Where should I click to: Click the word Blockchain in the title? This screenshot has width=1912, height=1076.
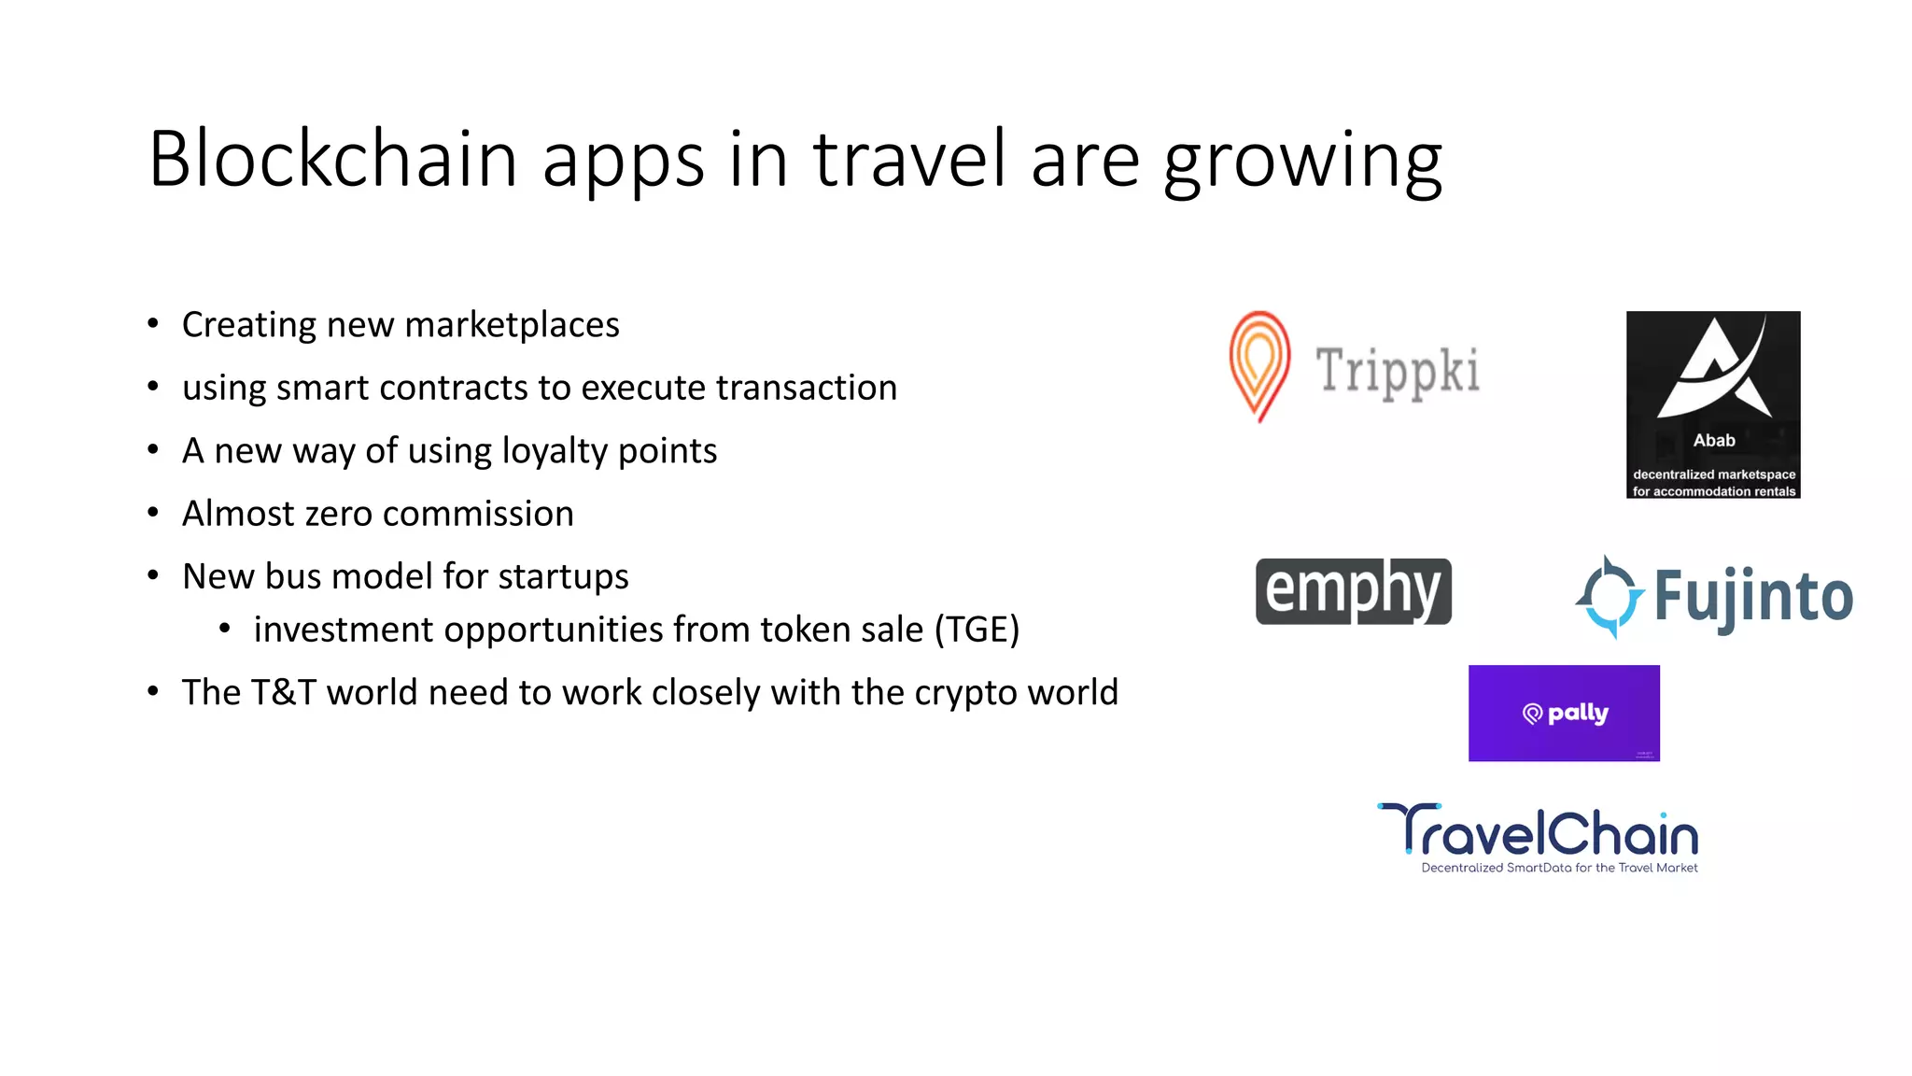click(x=332, y=159)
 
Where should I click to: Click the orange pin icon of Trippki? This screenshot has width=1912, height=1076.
click(x=1259, y=364)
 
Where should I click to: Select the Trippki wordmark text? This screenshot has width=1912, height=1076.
click(x=1398, y=371)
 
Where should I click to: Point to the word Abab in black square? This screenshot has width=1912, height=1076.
click(x=1714, y=440)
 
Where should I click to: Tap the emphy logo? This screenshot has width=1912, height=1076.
click(x=1353, y=591)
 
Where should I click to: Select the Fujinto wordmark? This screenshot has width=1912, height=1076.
click(x=1753, y=597)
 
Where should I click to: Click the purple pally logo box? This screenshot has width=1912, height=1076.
click(x=1564, y=713)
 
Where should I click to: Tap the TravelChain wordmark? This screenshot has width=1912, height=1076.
click(x=1539, y=830)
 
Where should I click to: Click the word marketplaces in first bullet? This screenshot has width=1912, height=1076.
click(x=512, y=325)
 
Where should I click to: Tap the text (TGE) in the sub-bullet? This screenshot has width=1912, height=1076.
click(x=977, y=630)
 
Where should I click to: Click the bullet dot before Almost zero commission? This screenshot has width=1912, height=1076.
click(x=153, y=513)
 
